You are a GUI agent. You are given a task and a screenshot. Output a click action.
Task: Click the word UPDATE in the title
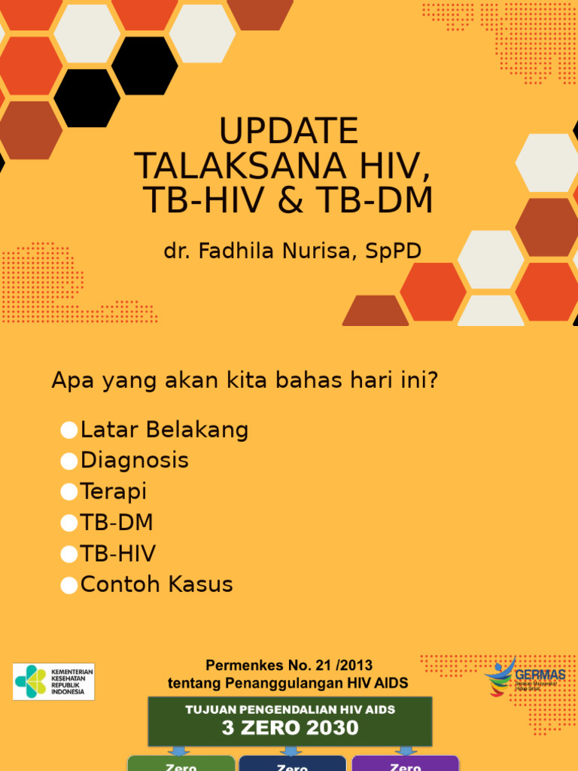[289, 132]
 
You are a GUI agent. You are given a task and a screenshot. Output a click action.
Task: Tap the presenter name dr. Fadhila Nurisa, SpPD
[293, 251]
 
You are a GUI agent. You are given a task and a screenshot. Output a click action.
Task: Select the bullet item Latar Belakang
[164, 430]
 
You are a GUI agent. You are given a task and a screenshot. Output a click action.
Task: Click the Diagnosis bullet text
[135, 460]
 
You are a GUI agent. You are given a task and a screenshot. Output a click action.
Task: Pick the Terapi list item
[114, 492]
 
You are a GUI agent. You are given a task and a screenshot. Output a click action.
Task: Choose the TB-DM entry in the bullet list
[117, 523]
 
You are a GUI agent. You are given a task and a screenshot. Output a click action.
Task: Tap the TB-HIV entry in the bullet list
[118, 553]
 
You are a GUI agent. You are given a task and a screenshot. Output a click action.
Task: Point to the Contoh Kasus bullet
[157, 584]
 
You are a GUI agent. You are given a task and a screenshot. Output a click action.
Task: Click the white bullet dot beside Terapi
[69, 492]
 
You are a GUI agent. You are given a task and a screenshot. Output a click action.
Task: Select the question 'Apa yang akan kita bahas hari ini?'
[245, 381]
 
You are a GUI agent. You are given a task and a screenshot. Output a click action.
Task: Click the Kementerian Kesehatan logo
[53, 681]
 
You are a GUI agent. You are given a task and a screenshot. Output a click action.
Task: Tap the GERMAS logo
[525, 675]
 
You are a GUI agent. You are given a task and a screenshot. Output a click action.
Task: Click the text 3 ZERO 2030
[290, 728]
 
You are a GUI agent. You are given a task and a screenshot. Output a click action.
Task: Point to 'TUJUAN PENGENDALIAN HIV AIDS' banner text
[290, 709]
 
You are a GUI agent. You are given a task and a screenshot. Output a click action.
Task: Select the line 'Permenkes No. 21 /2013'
[289, 666]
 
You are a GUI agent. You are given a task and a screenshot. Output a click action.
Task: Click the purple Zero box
[405, 763]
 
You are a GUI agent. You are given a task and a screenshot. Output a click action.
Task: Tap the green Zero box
[181, 763]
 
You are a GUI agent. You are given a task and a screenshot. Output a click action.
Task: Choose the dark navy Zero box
[292, 763]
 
